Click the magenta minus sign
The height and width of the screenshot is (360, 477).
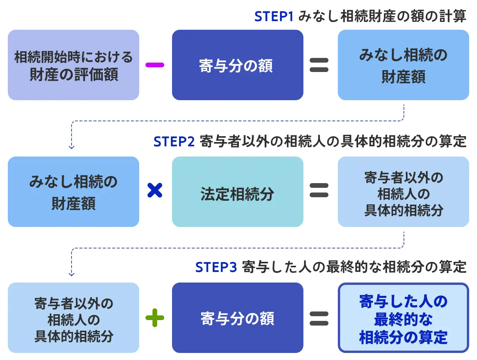coord(154,65)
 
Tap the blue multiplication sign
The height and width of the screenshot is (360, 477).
coord(155,190)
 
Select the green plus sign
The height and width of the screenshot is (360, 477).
coord(155,317)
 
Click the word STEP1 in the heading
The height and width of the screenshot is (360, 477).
coord(274,16)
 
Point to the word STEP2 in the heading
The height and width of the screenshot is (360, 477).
coord(174,142)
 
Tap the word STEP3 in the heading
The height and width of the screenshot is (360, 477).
coord(216,267)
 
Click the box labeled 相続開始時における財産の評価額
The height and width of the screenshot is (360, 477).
coord(74,65)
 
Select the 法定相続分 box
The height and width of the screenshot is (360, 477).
coord(237,191)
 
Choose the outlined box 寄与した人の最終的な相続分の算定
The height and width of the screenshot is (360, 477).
coord(403,318)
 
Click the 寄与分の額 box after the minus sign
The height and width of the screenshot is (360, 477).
coord(237,65)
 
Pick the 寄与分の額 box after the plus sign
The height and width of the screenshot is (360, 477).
coord(237,318)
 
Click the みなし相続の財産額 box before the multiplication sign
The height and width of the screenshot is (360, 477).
coord(74,191)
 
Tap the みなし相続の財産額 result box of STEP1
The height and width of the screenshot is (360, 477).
coord(403,65)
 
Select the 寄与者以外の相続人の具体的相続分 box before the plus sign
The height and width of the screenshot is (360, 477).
coord(74,318)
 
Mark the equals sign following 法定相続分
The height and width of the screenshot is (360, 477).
coord(319,190)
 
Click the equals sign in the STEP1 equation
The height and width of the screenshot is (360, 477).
coord(319,65)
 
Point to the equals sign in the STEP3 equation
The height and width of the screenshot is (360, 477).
coord(319,318)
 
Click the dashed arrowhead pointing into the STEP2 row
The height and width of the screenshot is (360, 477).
coord(72,148)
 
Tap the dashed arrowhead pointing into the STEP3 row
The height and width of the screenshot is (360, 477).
coord(72,274)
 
